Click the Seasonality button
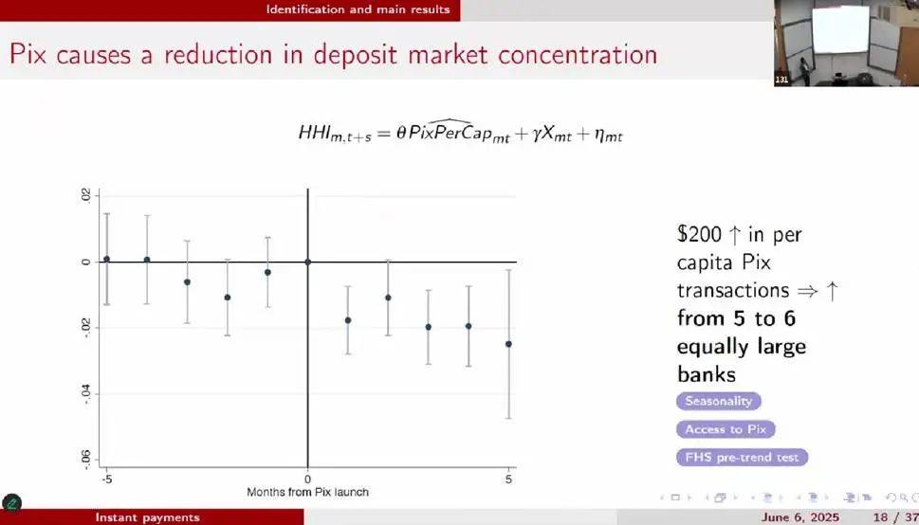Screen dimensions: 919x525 (719, 402)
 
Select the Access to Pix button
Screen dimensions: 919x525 (726, 429)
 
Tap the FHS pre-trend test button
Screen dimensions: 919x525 (742, 458)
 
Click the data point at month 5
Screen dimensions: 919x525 (508, 344)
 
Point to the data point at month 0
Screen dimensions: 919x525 (307, 262)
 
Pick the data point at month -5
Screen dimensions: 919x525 (106, 259)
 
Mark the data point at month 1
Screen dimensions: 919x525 (348, 320)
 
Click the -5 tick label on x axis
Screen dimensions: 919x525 (106, 479)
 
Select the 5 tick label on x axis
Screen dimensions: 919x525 (508, 479)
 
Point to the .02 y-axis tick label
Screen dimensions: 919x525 (86, 196)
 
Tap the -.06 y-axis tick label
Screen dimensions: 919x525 (86, 461)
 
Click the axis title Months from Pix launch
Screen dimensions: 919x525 (307, 492)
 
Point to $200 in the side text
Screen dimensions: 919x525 (700, 234)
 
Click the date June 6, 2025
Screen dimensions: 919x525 (800, 517)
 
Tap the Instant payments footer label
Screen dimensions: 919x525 (147, 517)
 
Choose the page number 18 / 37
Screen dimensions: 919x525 (895, 517)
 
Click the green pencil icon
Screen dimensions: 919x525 (11, 503)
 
